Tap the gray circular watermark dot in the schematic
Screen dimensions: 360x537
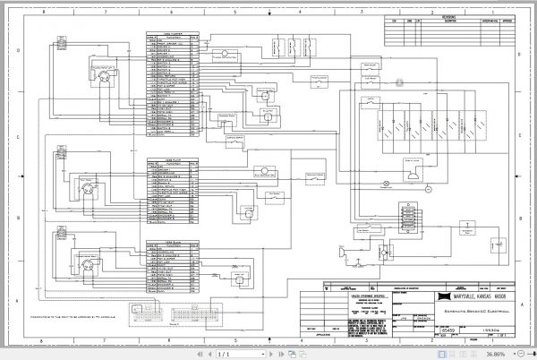click(401, 82)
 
